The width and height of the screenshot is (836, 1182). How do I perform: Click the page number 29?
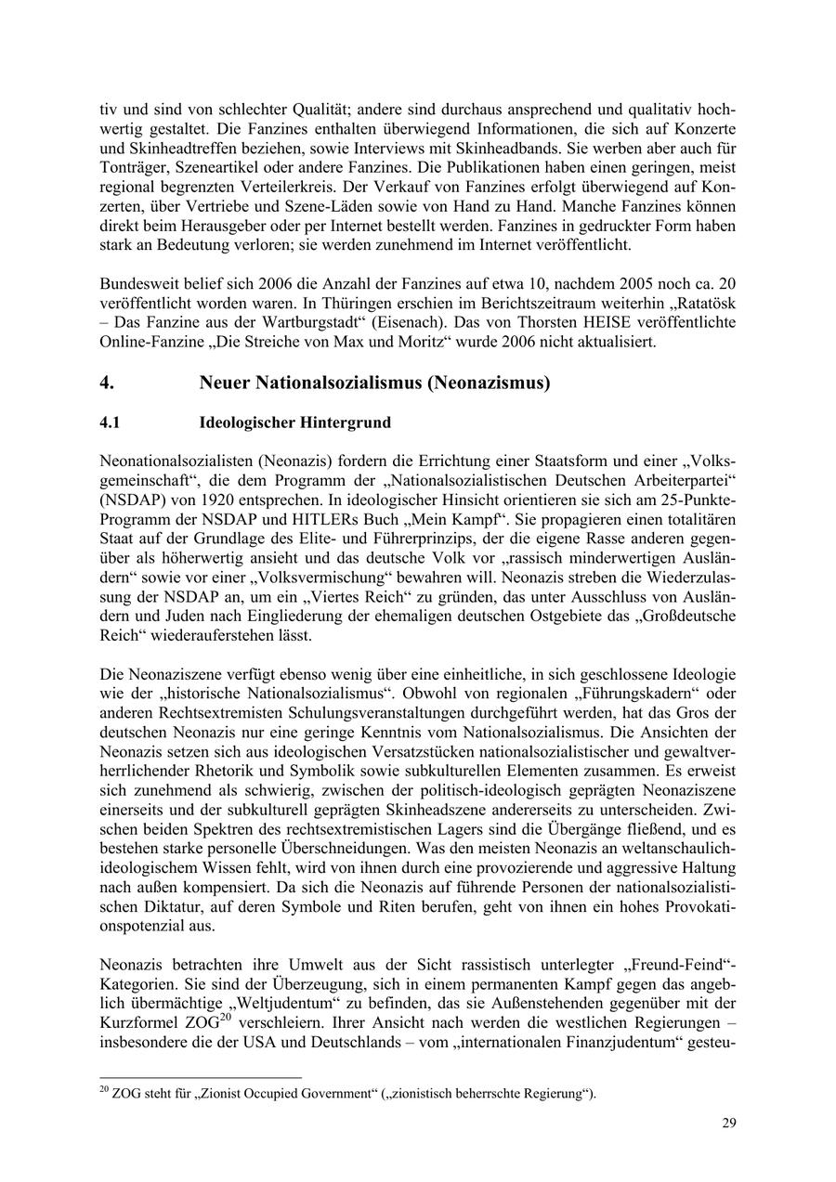pos(729,1124)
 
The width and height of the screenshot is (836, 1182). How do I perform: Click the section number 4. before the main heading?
pos(107,383)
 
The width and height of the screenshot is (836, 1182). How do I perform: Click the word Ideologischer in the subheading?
pos(248,422)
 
